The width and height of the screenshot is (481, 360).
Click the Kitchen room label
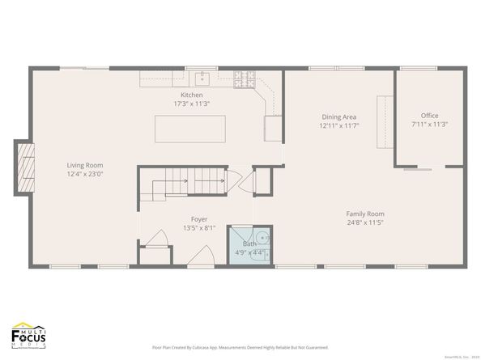point(191,95)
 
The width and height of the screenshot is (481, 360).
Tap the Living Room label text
point(85,165)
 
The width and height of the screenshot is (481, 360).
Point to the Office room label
point(429,116)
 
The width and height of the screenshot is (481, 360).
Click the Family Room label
point(365,214)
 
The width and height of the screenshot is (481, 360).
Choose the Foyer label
point(198,219)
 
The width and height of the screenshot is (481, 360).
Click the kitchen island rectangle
point(191,128)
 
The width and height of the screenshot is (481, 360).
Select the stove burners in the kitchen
point(245,79)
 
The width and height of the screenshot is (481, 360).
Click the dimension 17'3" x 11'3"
point(191,104)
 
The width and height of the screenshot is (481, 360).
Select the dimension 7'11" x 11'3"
point(429,125)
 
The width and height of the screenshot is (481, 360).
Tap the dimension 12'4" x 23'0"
point(85,173)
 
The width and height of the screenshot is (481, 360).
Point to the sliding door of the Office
point(418,170)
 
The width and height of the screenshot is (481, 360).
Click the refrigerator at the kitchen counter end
point(273,127)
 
